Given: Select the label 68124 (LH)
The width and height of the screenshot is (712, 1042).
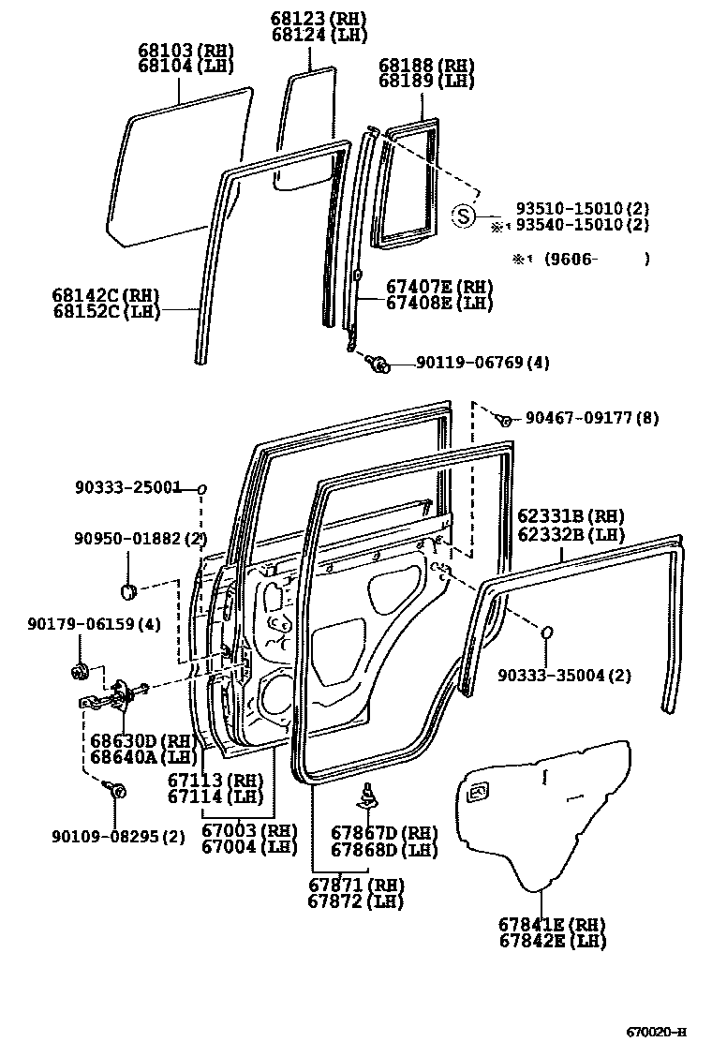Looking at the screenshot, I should click(319, 34).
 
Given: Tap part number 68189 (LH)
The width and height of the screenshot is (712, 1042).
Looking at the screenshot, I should click(426, 81).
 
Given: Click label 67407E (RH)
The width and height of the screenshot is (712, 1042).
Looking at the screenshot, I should click(439, 286).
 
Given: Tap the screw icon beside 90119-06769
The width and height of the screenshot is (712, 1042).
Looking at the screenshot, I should click(381, 364).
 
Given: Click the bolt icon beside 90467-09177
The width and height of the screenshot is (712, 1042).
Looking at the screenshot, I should click(505, 420).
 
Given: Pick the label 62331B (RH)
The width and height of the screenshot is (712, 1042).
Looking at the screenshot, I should click(571, 516).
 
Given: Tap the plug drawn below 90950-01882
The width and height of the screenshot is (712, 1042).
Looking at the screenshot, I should click(130, 590).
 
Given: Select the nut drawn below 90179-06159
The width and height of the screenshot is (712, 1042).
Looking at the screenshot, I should click(79, 671).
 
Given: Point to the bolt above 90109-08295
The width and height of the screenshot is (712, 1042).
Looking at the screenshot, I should click(117, 793).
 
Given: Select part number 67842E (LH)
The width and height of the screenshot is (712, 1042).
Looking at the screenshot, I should click(552, 941).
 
